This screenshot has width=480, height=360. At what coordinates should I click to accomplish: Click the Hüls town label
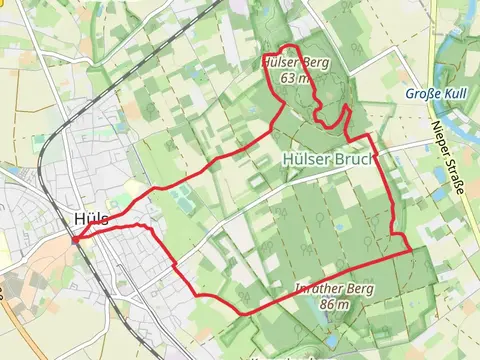[89, 219]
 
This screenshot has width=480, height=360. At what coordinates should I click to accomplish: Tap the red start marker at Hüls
[76, 239]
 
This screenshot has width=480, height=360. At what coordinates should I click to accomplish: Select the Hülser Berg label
[294, 63]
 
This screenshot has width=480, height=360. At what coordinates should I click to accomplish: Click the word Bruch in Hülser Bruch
[354, 159]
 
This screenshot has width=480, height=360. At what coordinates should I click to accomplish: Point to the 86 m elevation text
[335, 305]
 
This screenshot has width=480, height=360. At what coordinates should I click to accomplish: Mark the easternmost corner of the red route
[411, 251]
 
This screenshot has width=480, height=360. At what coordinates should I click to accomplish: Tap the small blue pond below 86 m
[332, 340]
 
